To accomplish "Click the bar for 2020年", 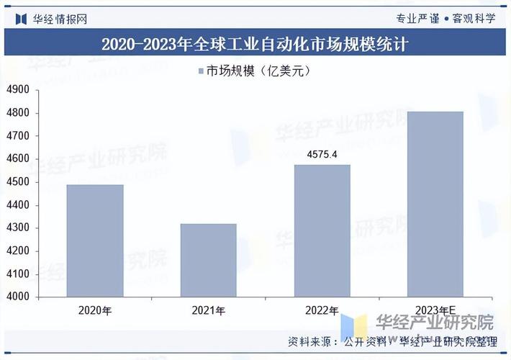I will (95, 240).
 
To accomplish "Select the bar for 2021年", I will (208, 260).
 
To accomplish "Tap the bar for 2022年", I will (322, 230).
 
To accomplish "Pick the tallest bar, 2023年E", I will (435, 204).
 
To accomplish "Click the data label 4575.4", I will (322, 154).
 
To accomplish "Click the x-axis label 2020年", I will (95, 311).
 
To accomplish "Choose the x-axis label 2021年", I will (208, 311).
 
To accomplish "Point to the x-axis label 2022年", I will (322, 311).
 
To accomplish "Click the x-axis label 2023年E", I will (434, 311).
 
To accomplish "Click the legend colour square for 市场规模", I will (201, 71).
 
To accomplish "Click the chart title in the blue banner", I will (255, 45).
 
